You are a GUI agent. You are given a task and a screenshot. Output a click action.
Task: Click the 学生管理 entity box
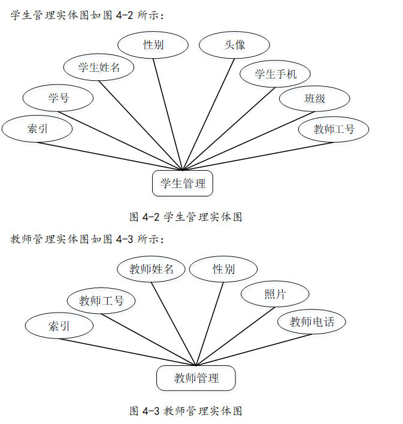pyautogui.click(x=183, y=184)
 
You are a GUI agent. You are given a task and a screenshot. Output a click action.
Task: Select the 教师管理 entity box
pyautogui.click(x=196, y=378)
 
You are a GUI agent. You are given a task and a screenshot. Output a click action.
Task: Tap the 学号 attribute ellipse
pyautogui.click(x=58, y=98)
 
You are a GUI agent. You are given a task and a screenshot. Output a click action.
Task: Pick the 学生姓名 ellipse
pyautogui.click(x=99, y=67)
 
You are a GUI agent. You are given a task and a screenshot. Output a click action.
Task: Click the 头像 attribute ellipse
pyautogui.click(x=234, y=45)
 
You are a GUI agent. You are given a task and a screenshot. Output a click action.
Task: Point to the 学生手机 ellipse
pyautogui.click(x=275, y=74)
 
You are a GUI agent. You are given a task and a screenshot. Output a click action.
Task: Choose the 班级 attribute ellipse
pyautogui.click(x=314, y=99)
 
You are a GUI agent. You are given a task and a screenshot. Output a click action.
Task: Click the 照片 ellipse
pyautogui.click(x=275, y=294)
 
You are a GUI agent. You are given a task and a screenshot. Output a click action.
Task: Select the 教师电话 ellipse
pyautogui.click(x=312, y=322)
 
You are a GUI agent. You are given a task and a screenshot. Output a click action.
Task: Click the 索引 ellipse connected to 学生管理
pyautogui.click(x=37, y=129)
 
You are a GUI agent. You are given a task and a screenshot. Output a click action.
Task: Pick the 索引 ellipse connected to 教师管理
pyautogui.click(x=59, y=326)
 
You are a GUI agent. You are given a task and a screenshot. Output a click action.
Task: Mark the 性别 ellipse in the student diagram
pyautogui.click(x=153, y=45)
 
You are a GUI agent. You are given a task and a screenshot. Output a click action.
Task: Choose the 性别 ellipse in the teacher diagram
pyautogui.click(x=223, y=269)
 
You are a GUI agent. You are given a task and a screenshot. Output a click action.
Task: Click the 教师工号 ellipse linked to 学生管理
pyautogui.click(x=334, y=129)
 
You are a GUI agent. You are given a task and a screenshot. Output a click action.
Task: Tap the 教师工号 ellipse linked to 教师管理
pyautogui.click(x=101, y=301)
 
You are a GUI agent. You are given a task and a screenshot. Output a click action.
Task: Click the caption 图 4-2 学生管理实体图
pyautogui.click(x=186, y=217)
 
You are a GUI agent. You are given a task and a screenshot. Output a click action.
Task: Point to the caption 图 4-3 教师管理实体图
pyautogui.click(x=186, y=411)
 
